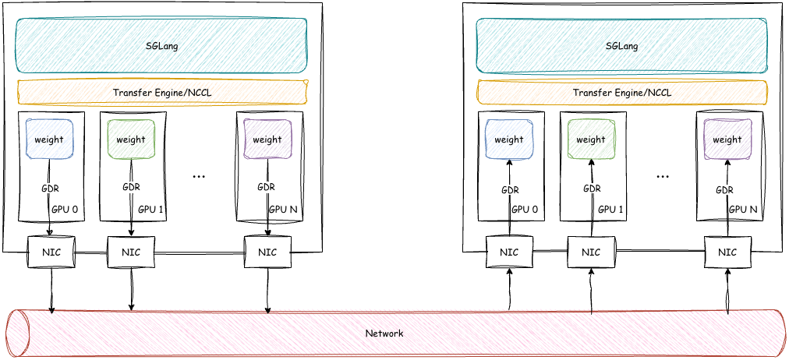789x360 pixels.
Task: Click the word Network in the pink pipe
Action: pyautogui.click(x=384, y=334)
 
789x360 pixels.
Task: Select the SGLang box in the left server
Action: pyautogui.click(x=162, y=46)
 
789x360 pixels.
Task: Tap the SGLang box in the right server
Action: pyautogui.click(x=621, y=46)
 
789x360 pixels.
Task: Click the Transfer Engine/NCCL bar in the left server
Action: pyautogui.click(x=162, y=93)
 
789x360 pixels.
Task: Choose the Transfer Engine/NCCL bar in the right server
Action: pyautogui.click(x=621, y=93)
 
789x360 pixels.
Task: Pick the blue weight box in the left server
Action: pyautogui.click(x=50, y=139)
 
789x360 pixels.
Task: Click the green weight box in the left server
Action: pyautogui.click(x=131, y=139)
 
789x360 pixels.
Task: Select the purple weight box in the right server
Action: pyautogui.click(x=727, y=139)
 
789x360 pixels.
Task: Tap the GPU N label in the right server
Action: pyautogui.click(x=743, y=209)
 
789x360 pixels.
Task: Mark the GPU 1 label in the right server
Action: pyautogui.click(x=610, y=209)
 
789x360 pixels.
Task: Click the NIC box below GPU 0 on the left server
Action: pyautogui.click(x=50, y=252)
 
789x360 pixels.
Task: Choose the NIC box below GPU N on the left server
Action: pyautogui.click(x=267, y=252)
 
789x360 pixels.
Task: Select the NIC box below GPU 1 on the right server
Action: pyautogui.click(x=591, y=252)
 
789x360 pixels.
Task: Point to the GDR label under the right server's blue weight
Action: pyautogui.click(x=509, y=189)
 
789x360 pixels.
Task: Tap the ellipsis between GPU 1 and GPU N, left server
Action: pyautogui.click(x=199, y=176)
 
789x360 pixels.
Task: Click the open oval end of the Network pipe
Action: pyautogui.click(x=16, y=334)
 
